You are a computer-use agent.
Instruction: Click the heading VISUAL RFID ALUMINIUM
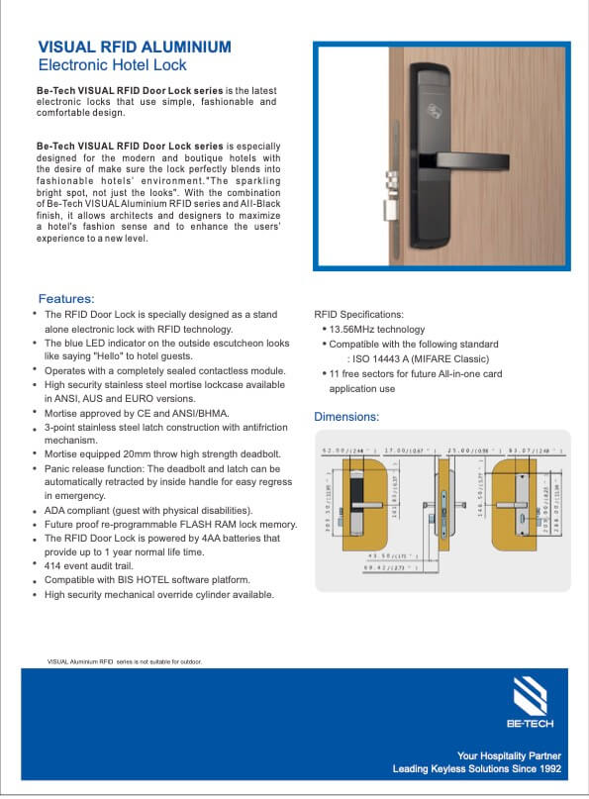pyautogui.click(x=135, y=47)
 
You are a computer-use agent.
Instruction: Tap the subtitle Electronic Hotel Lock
pyautogui.click(x=112, y=65)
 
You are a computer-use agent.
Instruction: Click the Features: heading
pyautogui.click(x=66, y=298)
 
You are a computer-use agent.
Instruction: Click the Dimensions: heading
pyautogui.click(x=346, y=417)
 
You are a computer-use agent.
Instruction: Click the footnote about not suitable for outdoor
pyautogui.click(x=125, y=660)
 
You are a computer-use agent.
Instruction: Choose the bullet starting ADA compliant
pyautogui.click(x=148, y=509)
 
